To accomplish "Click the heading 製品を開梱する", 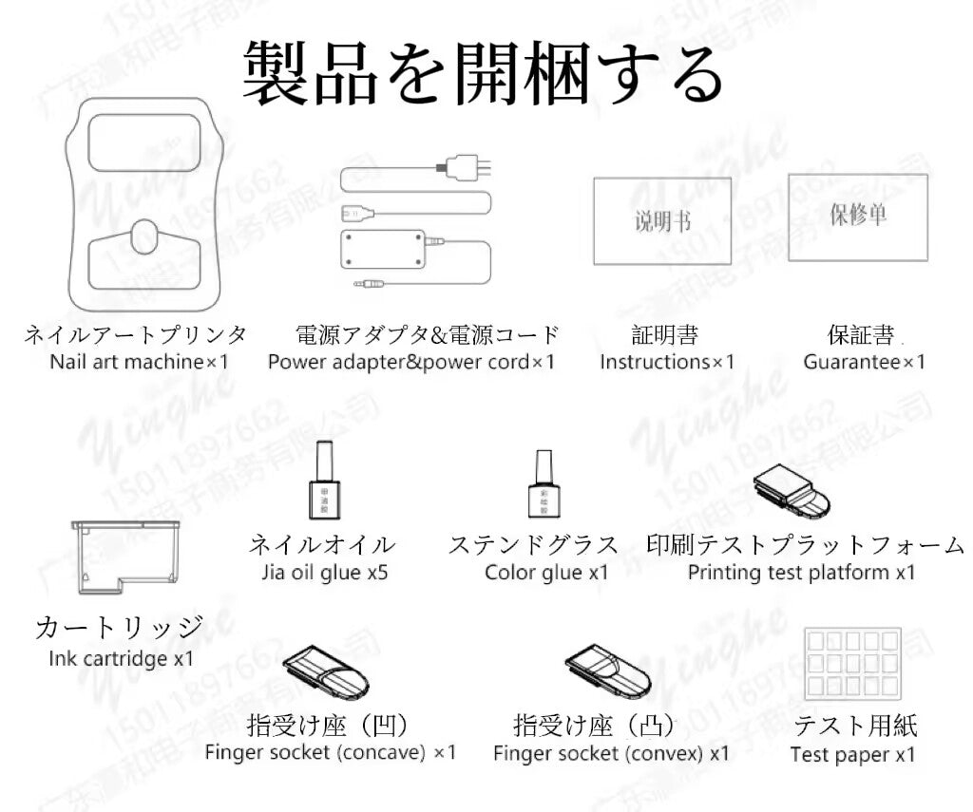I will point(484,73).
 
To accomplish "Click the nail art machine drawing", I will point(144,204).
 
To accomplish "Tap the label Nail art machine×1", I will point(140,362).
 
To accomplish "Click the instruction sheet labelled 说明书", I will point(662,221).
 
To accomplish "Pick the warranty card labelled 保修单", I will point(857,217).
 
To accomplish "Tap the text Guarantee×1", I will point(864,362).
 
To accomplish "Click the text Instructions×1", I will point(667,362).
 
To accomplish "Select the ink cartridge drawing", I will point(125,556).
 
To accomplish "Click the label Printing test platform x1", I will point(802,572).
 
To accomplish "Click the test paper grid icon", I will point(851,662).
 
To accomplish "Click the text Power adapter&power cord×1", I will point(411,362).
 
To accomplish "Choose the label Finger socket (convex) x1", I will point(611,753).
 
